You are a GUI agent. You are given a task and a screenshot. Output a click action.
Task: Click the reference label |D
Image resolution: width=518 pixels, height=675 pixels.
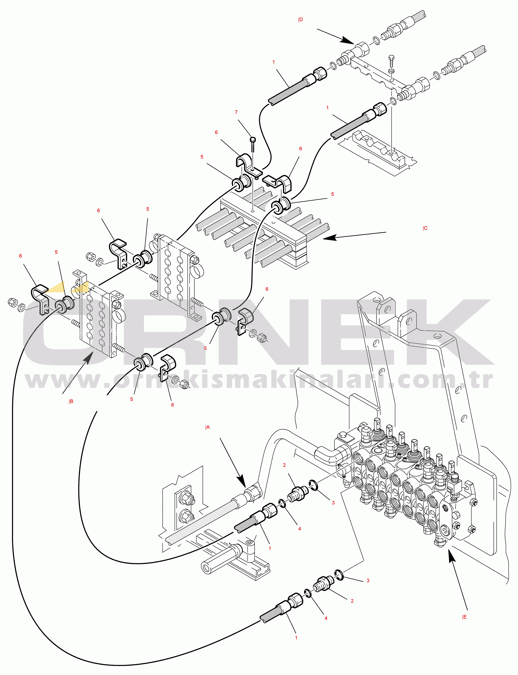click(300, 20)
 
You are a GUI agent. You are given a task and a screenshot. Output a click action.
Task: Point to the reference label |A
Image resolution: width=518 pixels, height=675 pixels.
click(207, 427)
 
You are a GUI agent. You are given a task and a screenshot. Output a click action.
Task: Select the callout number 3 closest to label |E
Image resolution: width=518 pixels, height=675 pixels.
click(368, 580)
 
